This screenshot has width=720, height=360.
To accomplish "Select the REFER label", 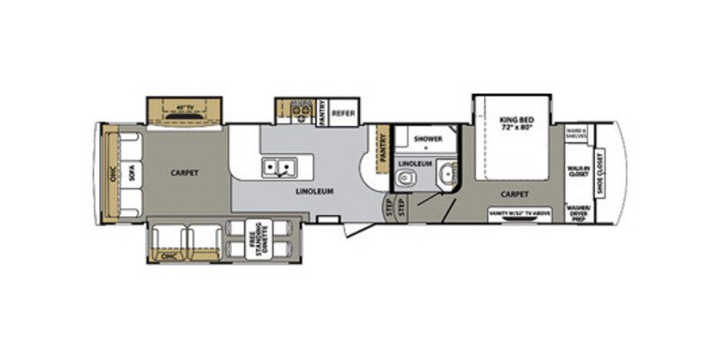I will (342, 113).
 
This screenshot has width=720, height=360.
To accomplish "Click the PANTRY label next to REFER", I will (322, 112).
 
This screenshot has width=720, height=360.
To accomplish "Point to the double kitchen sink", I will (279, 167).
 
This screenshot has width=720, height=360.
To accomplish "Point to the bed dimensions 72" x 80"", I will (517, 128).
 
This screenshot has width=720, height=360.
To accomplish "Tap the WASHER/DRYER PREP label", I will (577, 213).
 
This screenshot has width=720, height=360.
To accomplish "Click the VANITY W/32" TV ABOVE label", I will (518, 213).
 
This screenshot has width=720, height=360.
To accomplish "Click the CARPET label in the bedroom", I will (517, 193).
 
